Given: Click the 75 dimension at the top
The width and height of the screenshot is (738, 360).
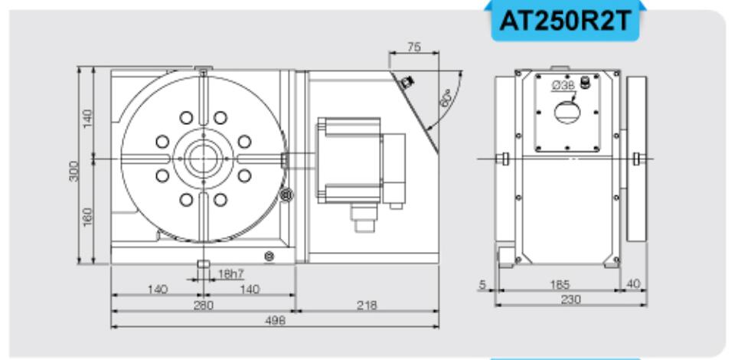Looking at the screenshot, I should pyautogui.click(x=414, y=47).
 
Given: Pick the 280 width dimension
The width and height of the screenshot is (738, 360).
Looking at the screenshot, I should pyautogui.click(x=201, y=305).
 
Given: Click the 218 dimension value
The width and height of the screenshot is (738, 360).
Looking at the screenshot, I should pyautogui.click(x=366, y=305).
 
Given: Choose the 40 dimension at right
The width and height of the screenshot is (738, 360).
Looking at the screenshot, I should pyautogui.click(x=632, y=285).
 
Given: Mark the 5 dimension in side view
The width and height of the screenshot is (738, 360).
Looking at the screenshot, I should pyautogui.click(x=482, y=285).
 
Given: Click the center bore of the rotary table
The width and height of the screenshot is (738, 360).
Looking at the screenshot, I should pyautogui.click(x=203, y=159).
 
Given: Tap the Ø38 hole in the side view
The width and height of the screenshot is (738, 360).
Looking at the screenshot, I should pyautogui.click(x=567, y=112).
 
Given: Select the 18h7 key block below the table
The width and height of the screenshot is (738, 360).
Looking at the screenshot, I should pyautogui.click(x=203, y=265).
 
